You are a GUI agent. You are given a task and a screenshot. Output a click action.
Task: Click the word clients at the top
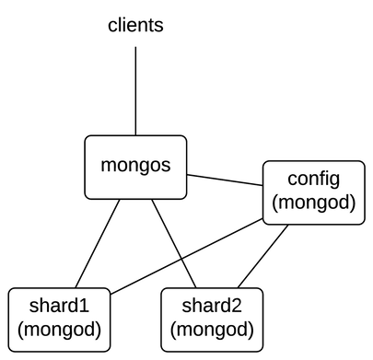pos(135,25)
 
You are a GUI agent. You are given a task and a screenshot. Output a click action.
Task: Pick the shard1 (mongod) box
pos(59,319)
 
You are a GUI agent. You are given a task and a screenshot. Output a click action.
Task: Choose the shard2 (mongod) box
pos(212,319)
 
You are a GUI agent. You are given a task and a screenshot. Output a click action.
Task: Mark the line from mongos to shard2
pos(171,243)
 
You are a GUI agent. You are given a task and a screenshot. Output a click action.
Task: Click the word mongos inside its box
pos(135,168)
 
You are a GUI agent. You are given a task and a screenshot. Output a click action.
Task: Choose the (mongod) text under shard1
pos(59,330)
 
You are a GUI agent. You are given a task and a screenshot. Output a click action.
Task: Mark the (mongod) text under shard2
pos(212,330)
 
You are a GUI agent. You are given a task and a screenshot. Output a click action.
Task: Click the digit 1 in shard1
pos(84,307)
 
